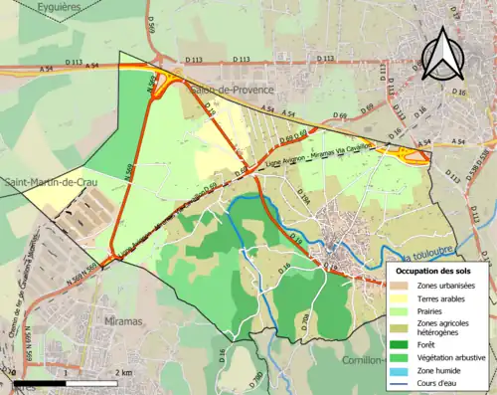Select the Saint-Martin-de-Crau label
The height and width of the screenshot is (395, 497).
44,181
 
